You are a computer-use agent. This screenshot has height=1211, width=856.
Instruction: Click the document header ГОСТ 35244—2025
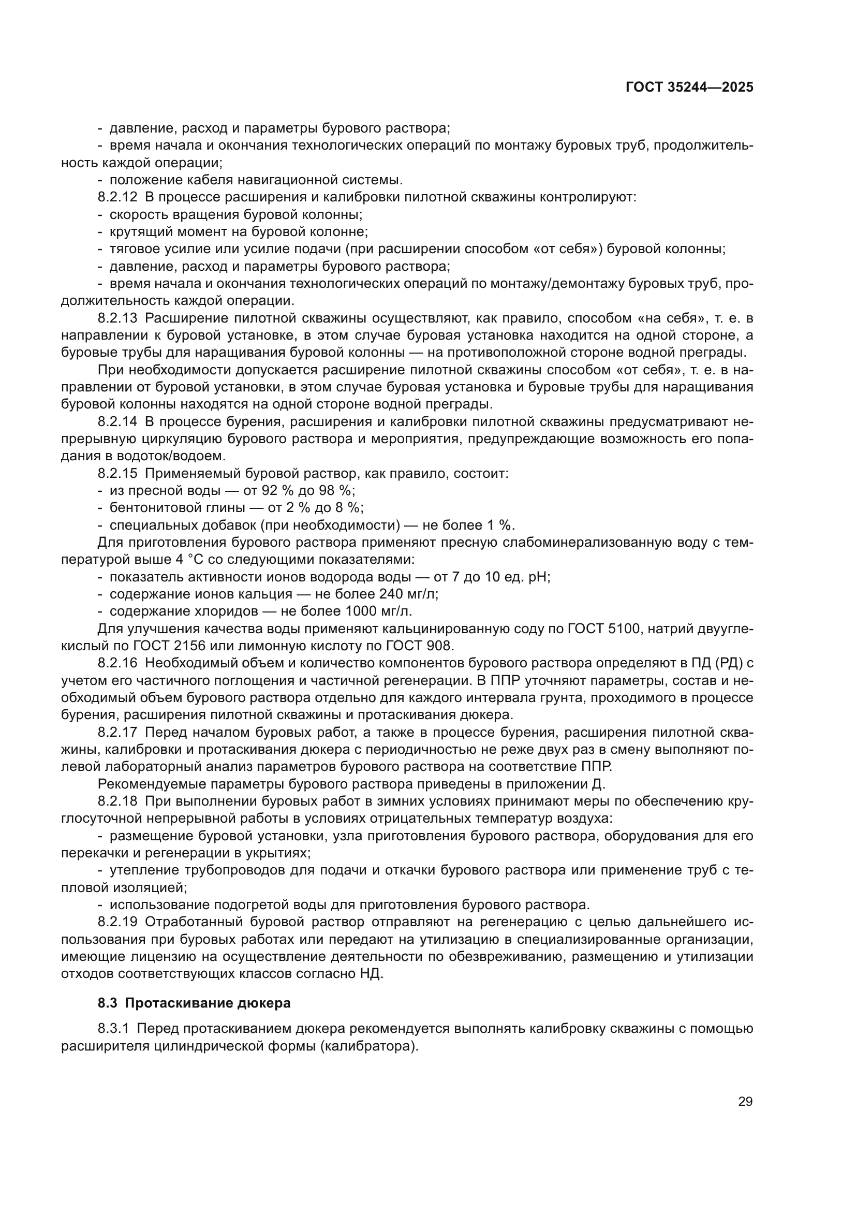[689, 87]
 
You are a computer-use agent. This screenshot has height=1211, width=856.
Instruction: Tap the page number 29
[745, 1102]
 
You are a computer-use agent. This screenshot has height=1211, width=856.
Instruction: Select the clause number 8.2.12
[117, 197]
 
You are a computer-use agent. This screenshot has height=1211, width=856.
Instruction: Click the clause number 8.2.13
[117, 318]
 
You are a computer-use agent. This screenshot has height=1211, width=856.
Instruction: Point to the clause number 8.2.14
[117, 422]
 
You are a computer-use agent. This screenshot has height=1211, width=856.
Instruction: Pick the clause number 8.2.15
[117, 474]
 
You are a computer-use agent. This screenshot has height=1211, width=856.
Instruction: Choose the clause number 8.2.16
[117, 664]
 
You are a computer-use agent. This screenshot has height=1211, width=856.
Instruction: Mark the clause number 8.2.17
[117, 733]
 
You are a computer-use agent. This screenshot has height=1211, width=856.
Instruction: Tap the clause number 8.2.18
[117, 801]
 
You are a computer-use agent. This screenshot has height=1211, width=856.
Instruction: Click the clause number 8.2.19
[117, 923]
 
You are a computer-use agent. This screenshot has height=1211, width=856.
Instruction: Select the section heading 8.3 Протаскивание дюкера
[194, 1003]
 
